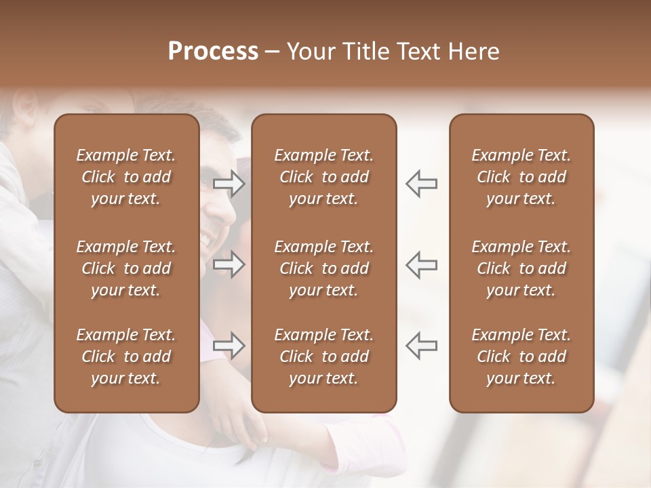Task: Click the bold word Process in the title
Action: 213,52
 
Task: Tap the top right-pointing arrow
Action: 229,184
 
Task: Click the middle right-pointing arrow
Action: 229,264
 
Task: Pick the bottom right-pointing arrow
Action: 229,345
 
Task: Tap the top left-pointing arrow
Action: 421,184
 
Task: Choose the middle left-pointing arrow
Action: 421,264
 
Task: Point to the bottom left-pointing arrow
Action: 421,345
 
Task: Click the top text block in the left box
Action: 126,177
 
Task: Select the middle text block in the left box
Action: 126,268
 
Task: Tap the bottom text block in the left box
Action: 126,357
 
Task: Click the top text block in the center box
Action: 323,177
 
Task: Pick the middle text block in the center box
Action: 323,268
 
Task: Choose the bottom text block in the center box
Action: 323,357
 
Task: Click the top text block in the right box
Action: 521,177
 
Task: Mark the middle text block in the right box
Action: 521,268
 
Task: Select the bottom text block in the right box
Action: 521,357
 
